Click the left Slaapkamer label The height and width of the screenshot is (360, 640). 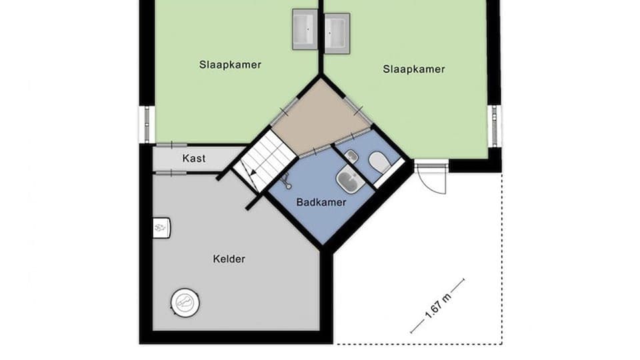(230, 65)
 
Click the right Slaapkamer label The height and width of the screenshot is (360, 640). (414, 69)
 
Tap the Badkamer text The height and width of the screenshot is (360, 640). (321, 202)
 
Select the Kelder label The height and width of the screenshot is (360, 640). (229, 259)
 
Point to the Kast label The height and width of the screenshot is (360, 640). (194, 159)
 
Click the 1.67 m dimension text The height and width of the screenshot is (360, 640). (437, 306)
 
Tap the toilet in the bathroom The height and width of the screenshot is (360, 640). (380, 162)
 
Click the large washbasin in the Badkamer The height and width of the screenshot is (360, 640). (348, 179)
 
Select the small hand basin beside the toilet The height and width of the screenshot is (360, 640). (352, 156)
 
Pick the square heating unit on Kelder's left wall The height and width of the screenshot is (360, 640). (162, 228)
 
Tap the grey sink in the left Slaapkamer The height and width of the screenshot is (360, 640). (306, 30)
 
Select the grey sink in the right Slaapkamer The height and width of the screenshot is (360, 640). (337, 31)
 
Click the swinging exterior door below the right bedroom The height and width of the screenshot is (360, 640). (432, 177)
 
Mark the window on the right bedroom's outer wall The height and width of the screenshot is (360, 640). (494, 125)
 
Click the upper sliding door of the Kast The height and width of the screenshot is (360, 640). (171, 145)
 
